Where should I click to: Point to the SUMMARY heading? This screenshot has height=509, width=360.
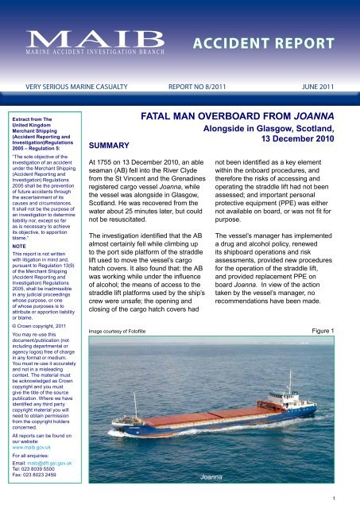pos(112,146)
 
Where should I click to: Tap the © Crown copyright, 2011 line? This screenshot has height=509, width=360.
pos(45,348)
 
